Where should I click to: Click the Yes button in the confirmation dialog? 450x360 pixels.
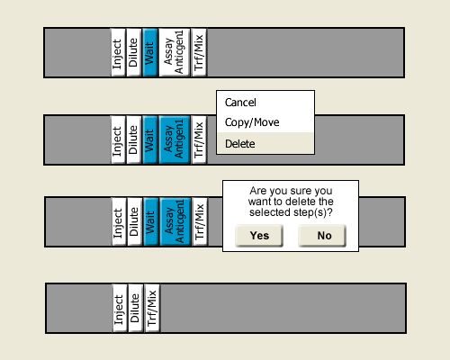[259, 236]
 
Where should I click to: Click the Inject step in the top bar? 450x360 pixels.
[118, 52]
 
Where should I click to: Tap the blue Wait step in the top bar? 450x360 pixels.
[150, 52]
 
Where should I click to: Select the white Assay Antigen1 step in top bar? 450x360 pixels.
[174, 52]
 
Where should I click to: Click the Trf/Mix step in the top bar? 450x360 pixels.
[199, 52]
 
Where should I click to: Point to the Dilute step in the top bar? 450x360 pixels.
[134, 52]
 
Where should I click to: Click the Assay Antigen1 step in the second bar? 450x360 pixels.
[175, 139]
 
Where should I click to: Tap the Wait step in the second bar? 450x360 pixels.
[150, 139]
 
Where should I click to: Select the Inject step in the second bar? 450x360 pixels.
[118, 139]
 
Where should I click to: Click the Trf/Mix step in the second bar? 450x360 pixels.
[199, 139]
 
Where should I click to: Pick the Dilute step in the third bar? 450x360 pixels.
[135, 221]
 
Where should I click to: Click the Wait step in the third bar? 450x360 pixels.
[151, 221]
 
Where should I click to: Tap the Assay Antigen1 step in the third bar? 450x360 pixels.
[175, 221]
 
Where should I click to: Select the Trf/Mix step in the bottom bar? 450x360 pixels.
[152, 308]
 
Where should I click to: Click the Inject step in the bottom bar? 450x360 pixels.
[120, 308]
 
